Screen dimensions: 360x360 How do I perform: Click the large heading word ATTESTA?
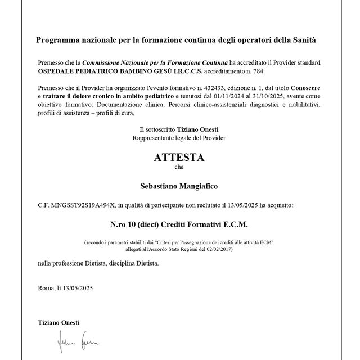(179, 157)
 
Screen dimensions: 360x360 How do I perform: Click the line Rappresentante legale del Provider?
(179, 137)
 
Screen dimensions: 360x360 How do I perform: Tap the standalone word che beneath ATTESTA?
(179, 167)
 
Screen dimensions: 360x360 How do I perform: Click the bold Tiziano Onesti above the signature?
(58, 322)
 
